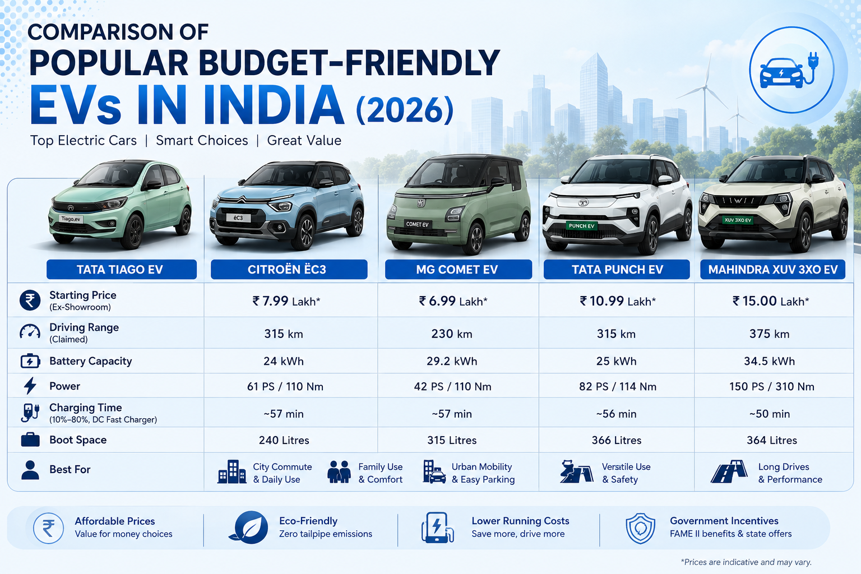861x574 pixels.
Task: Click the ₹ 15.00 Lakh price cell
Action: coord(771,301)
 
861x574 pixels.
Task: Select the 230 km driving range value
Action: coord(452,334)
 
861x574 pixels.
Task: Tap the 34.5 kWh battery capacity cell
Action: coord(769,361)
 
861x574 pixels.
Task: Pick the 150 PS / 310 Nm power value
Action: coord(772,386)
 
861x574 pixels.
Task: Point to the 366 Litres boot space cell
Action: coord(617,440)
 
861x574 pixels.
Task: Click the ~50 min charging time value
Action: coord(770,414)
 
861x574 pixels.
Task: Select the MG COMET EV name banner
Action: coord(458,269)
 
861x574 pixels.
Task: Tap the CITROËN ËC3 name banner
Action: coord(289,269)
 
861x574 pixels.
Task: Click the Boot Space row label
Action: coord(78,440)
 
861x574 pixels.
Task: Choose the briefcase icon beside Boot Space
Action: coord(30,440)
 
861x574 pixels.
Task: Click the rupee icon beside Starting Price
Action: coord(30,300)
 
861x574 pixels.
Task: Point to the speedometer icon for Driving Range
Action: coord(30,331)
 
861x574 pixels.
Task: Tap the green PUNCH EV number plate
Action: coord(581,226)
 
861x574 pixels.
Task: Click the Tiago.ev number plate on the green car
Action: coord(71,219)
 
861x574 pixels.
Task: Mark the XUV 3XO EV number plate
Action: coord(737,220)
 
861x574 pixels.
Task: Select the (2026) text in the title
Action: coord(405,110)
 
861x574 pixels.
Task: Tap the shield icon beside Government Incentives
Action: coord(640,528)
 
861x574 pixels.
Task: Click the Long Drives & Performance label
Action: coord(790,473)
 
